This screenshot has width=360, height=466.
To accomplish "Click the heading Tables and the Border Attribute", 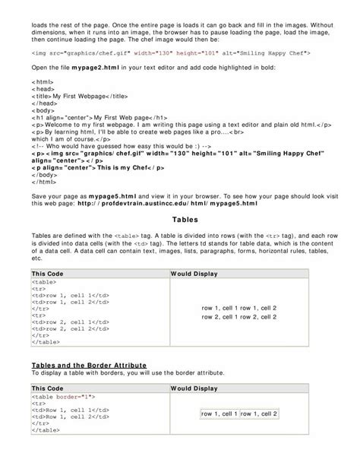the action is coord(88,365).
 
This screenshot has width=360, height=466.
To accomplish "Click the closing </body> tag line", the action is coord(44,174).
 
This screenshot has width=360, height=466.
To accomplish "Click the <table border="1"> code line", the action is coord(63,396).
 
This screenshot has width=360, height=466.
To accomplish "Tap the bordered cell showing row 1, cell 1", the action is coord(219,414).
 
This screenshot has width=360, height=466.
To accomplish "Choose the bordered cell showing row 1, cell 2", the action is coord(259,414).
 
